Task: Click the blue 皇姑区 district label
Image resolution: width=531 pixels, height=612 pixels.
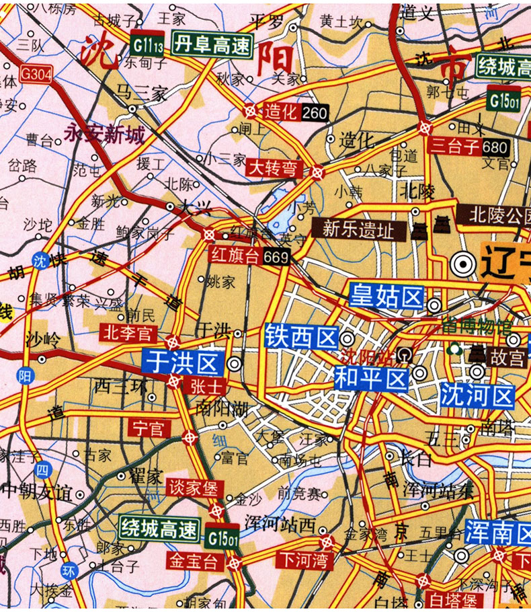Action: [x=386, y=297]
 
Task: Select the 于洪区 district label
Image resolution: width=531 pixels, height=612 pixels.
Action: [x=182, y=364]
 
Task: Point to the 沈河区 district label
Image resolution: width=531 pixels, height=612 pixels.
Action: [x=477, y=396]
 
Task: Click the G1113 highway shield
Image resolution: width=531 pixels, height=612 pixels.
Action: [x=148, y=46]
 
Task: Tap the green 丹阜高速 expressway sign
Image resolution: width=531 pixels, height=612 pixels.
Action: [x=210, y=46]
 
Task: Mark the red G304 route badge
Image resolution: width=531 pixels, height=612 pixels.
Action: [x=35, y=73]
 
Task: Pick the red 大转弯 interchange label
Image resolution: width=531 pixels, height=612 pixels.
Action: [x=272, y=167]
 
